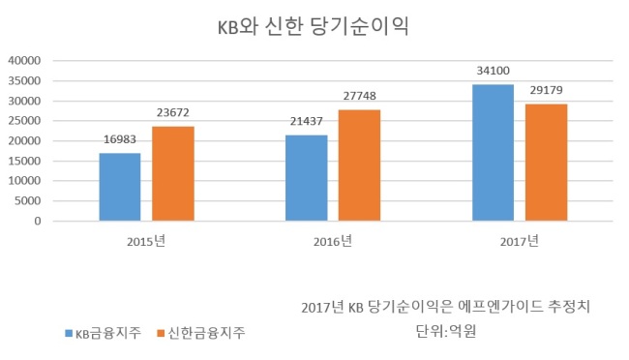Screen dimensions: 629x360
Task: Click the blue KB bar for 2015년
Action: [x=120, y=187]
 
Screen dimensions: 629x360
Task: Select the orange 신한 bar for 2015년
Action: [x=173, y=174]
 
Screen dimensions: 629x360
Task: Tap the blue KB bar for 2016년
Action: [x=307, y=178]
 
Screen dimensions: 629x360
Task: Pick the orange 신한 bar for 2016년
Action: [x=359, y=165]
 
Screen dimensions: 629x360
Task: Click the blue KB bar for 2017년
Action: [x=493, y=153]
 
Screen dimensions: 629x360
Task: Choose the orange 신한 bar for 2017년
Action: [x=547, y=163]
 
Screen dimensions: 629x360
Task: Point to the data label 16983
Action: [x=120, y=139]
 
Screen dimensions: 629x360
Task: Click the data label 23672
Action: [x=173, y=113]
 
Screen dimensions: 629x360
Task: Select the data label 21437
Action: [x=307, y=121]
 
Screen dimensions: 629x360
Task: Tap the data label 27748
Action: [x=359, y=96]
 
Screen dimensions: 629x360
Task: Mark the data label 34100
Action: [x=493, y=71]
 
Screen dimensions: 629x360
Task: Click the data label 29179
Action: [x=547, y=90]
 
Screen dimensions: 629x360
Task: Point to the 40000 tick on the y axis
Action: [x=24, y=61]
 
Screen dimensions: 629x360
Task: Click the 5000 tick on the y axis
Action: [x=28, y=201]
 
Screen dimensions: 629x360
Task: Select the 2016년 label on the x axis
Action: [x=333, y=241]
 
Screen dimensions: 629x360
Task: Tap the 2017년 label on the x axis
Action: [x=520, y=241]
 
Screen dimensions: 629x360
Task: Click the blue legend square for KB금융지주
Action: [x=69, y=333]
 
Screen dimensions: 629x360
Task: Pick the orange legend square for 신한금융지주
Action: [x=161, y=333]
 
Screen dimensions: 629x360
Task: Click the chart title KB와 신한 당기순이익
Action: [x=314, y=26]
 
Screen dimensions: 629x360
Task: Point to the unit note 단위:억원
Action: [x=446, y=331]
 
